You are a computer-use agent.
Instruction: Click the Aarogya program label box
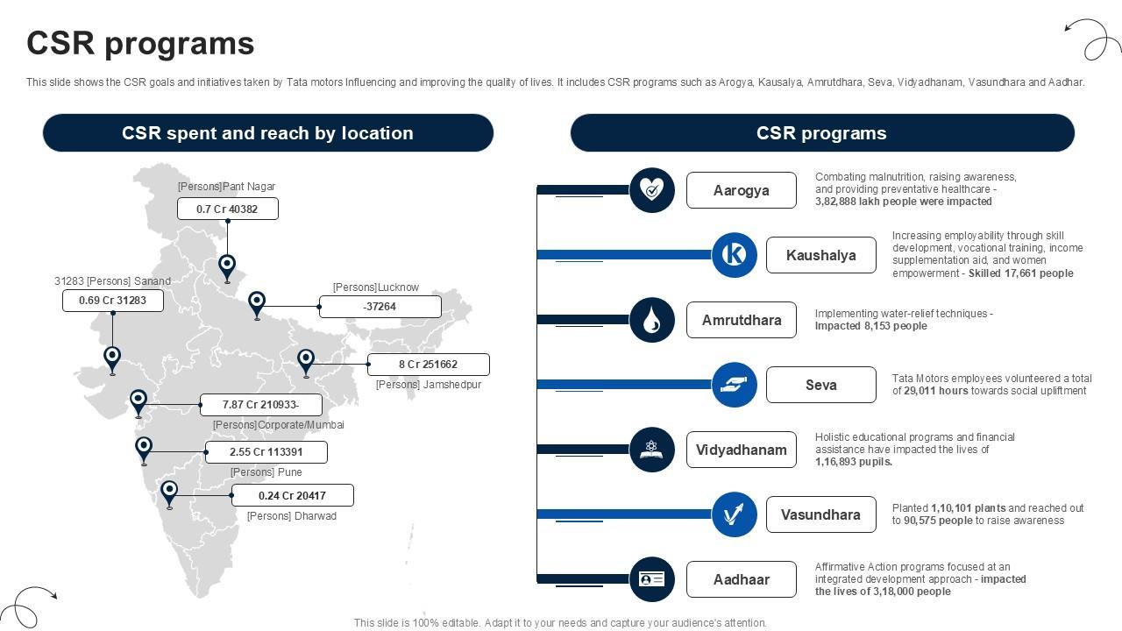[741, 190]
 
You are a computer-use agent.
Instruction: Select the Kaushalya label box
[820, 255]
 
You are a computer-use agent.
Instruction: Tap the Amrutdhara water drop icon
[652, 320]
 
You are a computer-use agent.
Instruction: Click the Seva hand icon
[735, 385]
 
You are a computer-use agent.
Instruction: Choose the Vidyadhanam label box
[741, 450]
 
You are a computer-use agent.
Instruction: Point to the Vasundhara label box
[820, 514]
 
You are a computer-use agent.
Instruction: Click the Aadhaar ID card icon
[652, 579]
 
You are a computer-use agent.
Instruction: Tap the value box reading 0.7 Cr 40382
[227, 209]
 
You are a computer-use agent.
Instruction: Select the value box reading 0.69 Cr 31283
[112, 301]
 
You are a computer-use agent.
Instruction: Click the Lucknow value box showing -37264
[380, 307]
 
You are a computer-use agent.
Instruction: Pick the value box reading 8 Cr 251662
[428, 365]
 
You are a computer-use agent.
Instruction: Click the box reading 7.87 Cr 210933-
[260, 405]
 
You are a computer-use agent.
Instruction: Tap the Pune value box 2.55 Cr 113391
[266, 452]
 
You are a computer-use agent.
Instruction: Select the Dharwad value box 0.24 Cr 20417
[292, 495]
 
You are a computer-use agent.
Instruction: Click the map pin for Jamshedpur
[306, 361]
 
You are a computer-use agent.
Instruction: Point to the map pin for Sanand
[112, 358]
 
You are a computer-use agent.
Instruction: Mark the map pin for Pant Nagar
[227, 266]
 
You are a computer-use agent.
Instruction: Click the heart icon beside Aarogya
[652, 190]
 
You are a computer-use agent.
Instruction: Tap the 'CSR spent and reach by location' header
[267, 133]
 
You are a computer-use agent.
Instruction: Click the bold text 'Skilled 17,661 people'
[1020, 273]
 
